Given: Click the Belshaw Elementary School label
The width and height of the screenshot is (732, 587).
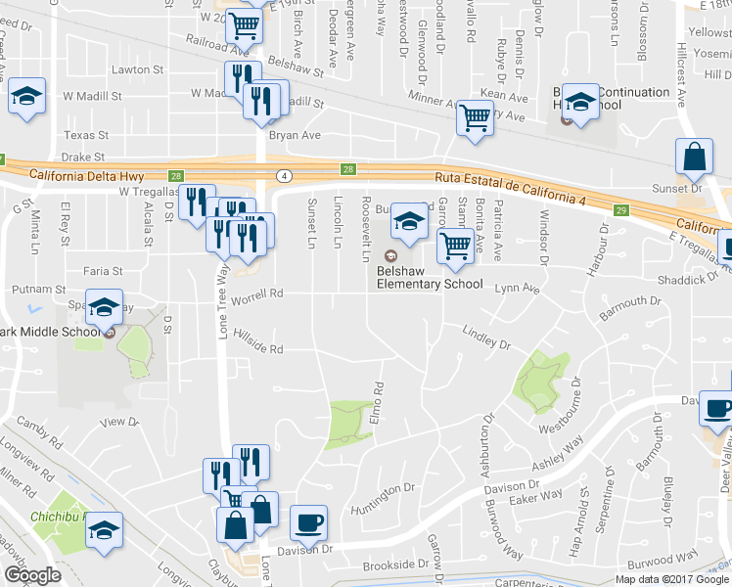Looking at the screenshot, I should (x=432, y=285).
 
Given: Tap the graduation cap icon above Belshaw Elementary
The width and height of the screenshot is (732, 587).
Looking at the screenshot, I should (x=408, y=225).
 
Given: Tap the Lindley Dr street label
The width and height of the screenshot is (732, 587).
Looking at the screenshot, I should (x=487, y=339).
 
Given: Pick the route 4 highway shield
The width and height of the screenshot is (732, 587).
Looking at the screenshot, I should (x=285, y=175).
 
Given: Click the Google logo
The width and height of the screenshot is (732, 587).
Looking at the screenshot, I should (x=32, y=575).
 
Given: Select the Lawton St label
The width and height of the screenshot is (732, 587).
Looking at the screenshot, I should (x=137, y=69).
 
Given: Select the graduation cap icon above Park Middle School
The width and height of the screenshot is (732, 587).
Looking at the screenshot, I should (x=104, y=308).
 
